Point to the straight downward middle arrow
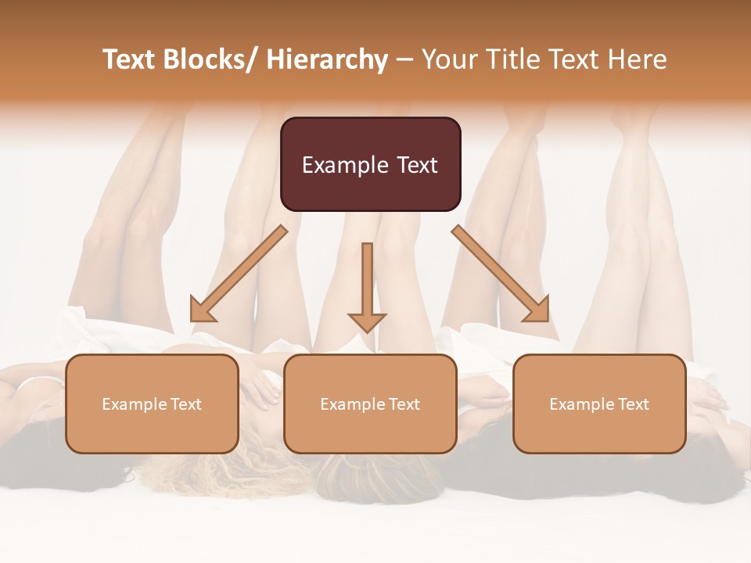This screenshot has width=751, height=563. point(367,281)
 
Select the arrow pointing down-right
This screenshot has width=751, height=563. point(501,274)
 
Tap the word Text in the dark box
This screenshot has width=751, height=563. point(416,165)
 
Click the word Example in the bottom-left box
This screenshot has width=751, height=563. point(134,404)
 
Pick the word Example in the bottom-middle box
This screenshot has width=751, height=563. point(352,404)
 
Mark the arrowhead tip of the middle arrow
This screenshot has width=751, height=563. point(367,332)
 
